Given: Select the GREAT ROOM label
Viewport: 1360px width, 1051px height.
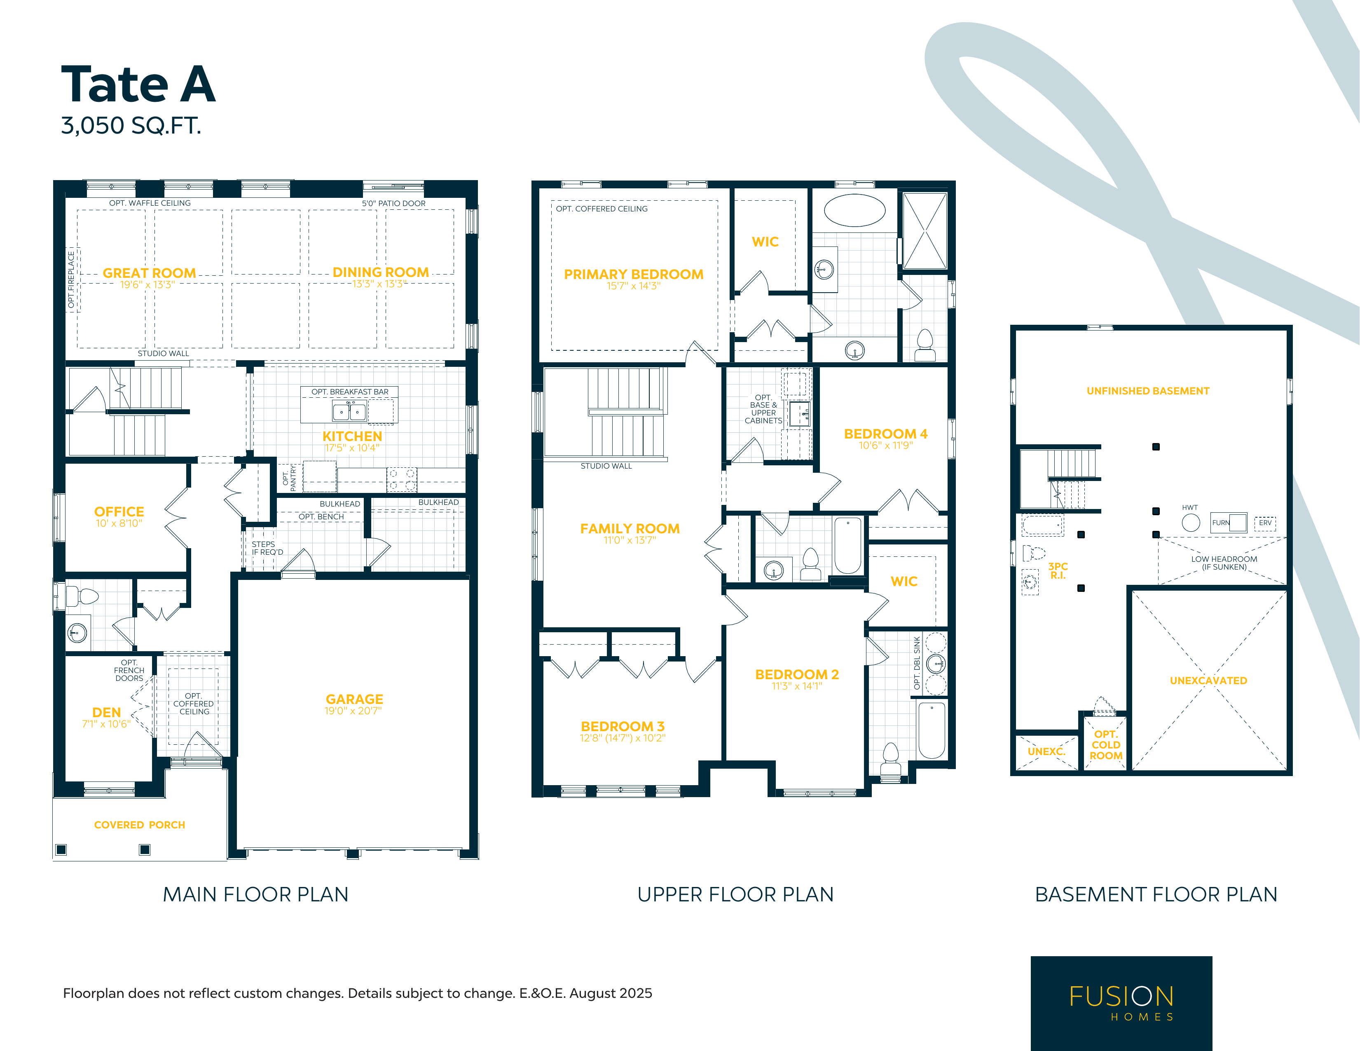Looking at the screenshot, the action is pos(150,273).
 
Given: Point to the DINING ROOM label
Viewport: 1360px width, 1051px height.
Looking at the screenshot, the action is pos(380,272).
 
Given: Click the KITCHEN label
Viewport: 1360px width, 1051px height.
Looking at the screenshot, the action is pos(352,436).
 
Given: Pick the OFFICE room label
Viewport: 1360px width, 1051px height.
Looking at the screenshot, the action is pos(119,511).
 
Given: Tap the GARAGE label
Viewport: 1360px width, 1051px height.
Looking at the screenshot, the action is pos(354,699).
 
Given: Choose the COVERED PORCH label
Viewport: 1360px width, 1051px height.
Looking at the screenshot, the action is pos(140,825).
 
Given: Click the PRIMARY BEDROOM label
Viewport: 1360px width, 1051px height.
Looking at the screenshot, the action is pos(634,274).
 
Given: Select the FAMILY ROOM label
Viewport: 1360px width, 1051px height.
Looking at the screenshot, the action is pos(630,528).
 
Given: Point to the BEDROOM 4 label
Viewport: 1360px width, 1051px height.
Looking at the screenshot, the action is pos(885,434).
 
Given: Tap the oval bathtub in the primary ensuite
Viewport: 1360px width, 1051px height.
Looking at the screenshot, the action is pos(854,210).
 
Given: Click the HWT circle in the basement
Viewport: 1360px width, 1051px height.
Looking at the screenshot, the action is pos(1191,523).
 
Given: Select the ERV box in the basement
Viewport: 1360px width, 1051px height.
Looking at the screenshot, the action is pos(1265,523).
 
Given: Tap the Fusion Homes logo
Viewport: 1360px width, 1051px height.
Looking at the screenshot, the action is pos(1121,1003).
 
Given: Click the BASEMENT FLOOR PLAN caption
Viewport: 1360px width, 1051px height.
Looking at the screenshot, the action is pos(1156,895).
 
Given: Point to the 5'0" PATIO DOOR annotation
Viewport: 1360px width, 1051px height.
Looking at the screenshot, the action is pos(393,203).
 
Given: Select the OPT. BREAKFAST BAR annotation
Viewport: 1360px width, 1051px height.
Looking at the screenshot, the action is pos(350,392).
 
